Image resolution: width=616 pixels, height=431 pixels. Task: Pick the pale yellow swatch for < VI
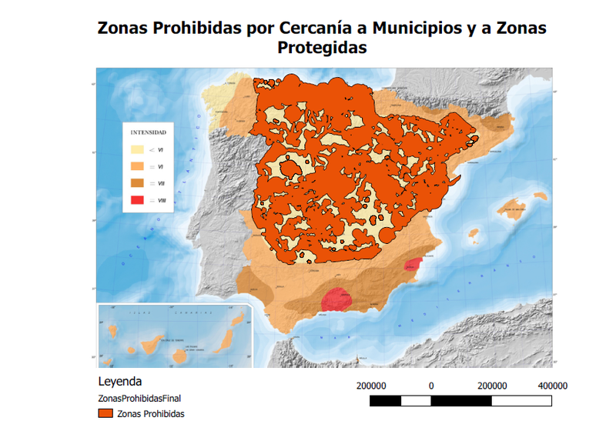click(137, 149)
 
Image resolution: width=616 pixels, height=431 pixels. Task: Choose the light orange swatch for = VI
click(137, 166)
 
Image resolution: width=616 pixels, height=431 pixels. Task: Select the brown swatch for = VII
click(137, 183)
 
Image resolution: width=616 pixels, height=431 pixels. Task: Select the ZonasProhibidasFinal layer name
click(139, 398)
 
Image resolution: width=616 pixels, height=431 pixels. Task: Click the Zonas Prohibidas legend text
click(151, 413)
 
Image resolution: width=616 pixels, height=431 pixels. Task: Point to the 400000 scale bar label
click(551, 386)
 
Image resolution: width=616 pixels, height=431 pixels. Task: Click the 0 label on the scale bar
click(431, 386)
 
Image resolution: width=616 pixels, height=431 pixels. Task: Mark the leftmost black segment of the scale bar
click(386, 400)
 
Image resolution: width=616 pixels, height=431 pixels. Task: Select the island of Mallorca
click(511, 208)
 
